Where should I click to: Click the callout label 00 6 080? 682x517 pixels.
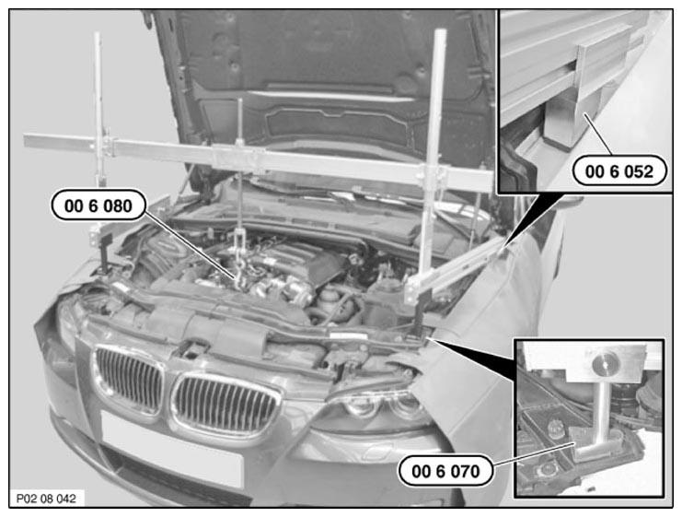[98, 206]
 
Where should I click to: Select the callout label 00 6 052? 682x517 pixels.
[618, 171]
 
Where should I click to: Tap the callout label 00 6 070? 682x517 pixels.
[445, 471]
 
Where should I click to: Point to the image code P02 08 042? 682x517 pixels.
[46, 499]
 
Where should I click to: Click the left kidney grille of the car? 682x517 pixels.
[129, 375]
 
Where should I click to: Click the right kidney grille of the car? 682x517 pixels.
[225, 405]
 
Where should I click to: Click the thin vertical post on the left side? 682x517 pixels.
[99, 109]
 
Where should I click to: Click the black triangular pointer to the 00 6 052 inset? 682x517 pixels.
[528, 220]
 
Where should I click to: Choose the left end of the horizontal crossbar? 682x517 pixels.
[24, 140]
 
